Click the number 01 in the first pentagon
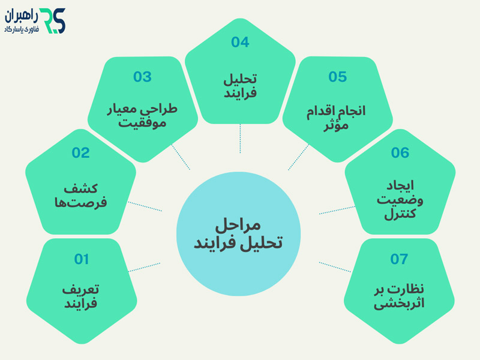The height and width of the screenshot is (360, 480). pyautogui.click(x=82, y=259)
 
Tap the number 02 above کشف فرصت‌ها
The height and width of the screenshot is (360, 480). pyautogui.click(x=80, y=153)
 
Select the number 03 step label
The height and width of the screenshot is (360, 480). pyautogui.click(x=142, y=77)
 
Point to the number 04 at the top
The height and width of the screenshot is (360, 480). pyautogui.click(x=240, y=42)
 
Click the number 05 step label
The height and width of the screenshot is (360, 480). pyautogui.click(x=338, y=77)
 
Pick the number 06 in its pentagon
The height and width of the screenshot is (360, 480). pyautogui.click(x=400, y=153)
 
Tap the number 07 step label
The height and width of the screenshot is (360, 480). pyautogui.click(x=399, y=259)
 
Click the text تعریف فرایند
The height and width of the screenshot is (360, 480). pyautogui.click(x=81, y=296)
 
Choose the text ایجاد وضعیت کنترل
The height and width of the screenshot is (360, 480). pyautogui.click(x=400, y=198)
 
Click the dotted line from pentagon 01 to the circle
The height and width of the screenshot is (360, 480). pyautogui.click(x=145, y=266)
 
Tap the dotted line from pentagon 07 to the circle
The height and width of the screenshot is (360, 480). pyautogui.click(x=335, y=267)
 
